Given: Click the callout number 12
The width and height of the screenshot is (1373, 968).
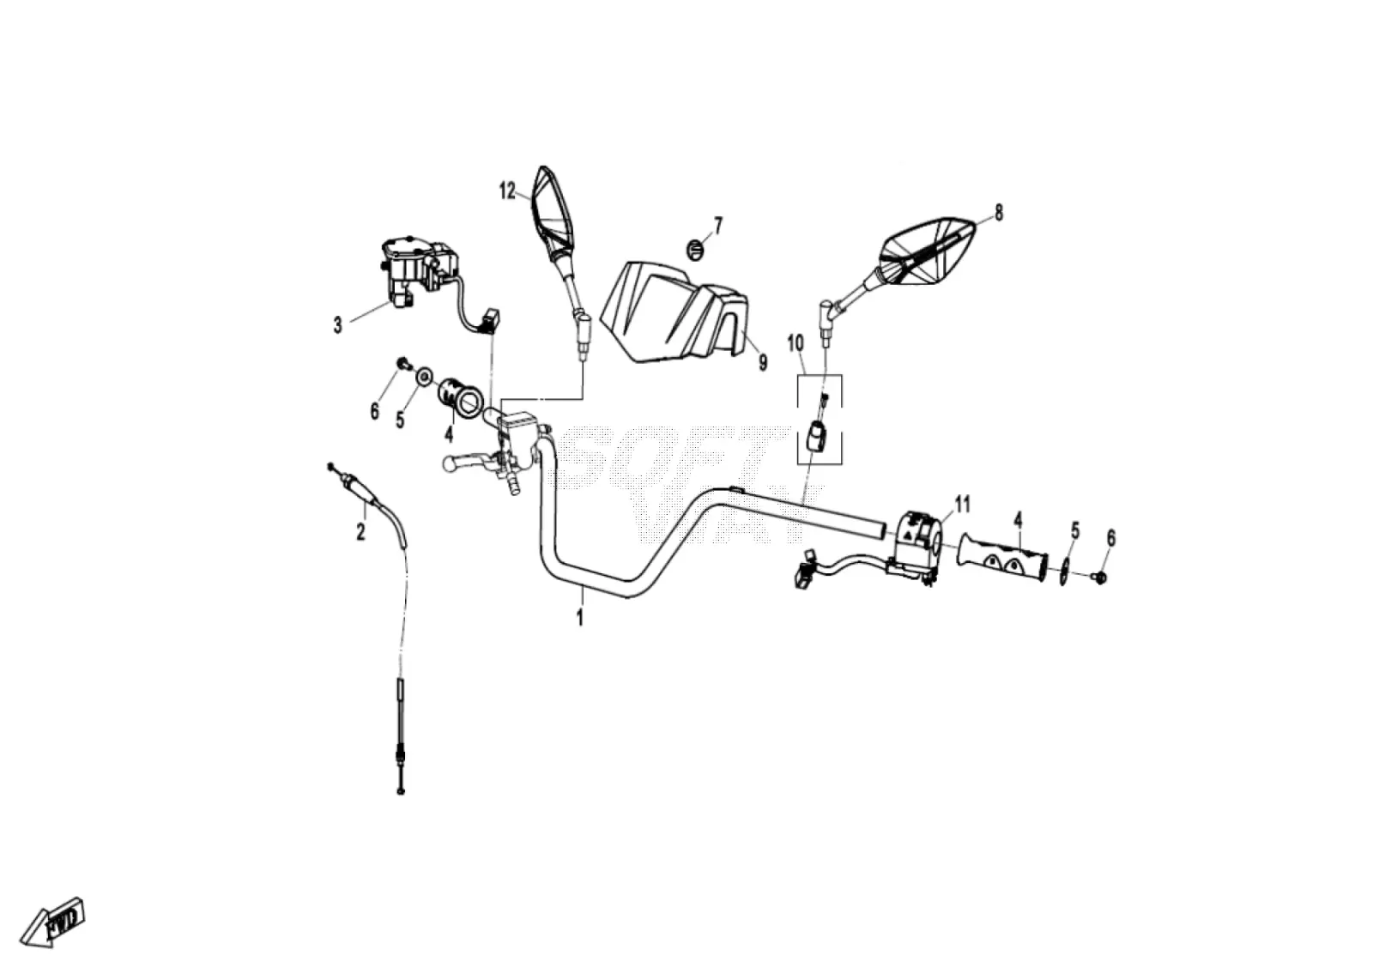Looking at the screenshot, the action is tap(507, 191).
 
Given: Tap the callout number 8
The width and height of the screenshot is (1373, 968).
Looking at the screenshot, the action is tap(999, 213).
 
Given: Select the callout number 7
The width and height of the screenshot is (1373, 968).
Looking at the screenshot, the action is tap(718, 226).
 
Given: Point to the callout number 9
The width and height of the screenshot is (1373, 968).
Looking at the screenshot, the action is tap(763, 362).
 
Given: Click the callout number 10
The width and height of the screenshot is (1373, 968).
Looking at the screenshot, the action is tap(795, 343).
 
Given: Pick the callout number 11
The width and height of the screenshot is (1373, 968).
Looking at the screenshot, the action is tap(963, 505).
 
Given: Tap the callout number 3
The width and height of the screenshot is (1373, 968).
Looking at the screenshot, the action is tap(338, 325).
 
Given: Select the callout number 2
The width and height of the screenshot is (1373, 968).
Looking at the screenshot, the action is tap(361, 531).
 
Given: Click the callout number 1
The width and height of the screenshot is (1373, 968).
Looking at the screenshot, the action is tap(580, 616).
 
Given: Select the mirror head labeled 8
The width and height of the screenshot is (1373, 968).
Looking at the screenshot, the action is tap(927, 251).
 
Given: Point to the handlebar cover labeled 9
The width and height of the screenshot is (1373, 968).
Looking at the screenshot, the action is tap(674, 312).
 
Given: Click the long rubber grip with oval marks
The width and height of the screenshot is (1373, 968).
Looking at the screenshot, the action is tap(1002, 558).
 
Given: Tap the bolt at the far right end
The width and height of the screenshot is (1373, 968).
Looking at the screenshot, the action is tap(1100, 577).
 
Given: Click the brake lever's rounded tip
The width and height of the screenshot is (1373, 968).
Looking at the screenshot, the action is tap(450, 463).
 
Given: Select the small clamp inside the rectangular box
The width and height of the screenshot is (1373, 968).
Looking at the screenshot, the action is tap(816, 436).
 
